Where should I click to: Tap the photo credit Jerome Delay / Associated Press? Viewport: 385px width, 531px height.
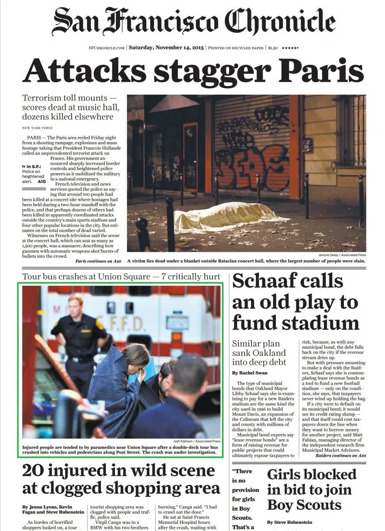coord(341,255)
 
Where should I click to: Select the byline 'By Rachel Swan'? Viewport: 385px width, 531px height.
coord(250,373)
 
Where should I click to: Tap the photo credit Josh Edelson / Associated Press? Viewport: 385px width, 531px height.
coord(196,441)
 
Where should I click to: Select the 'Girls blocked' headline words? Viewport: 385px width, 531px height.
coord(312,474)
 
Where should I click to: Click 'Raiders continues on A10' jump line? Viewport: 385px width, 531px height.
coord(340,455)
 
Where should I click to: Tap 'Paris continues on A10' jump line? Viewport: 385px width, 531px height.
coord(98,261)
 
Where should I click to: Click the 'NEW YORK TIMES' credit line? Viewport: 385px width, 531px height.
coord(37,128)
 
